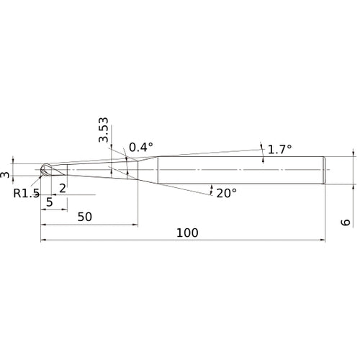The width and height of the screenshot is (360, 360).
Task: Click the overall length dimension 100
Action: point(187,233)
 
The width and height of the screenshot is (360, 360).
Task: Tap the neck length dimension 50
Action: point(84,217)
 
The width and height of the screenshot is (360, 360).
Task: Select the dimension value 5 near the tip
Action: point(50,202)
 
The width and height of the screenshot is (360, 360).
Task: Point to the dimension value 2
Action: point(63,189)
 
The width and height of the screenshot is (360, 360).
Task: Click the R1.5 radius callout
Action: point(26,193)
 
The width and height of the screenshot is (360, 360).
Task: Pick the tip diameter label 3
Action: point(5,174)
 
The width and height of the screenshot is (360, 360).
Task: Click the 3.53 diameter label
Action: point(104,130)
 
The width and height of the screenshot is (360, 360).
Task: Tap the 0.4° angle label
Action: point(141,147)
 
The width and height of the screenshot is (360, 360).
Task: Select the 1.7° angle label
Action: point(279,149)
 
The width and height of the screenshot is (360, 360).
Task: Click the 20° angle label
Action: point(227,193)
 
